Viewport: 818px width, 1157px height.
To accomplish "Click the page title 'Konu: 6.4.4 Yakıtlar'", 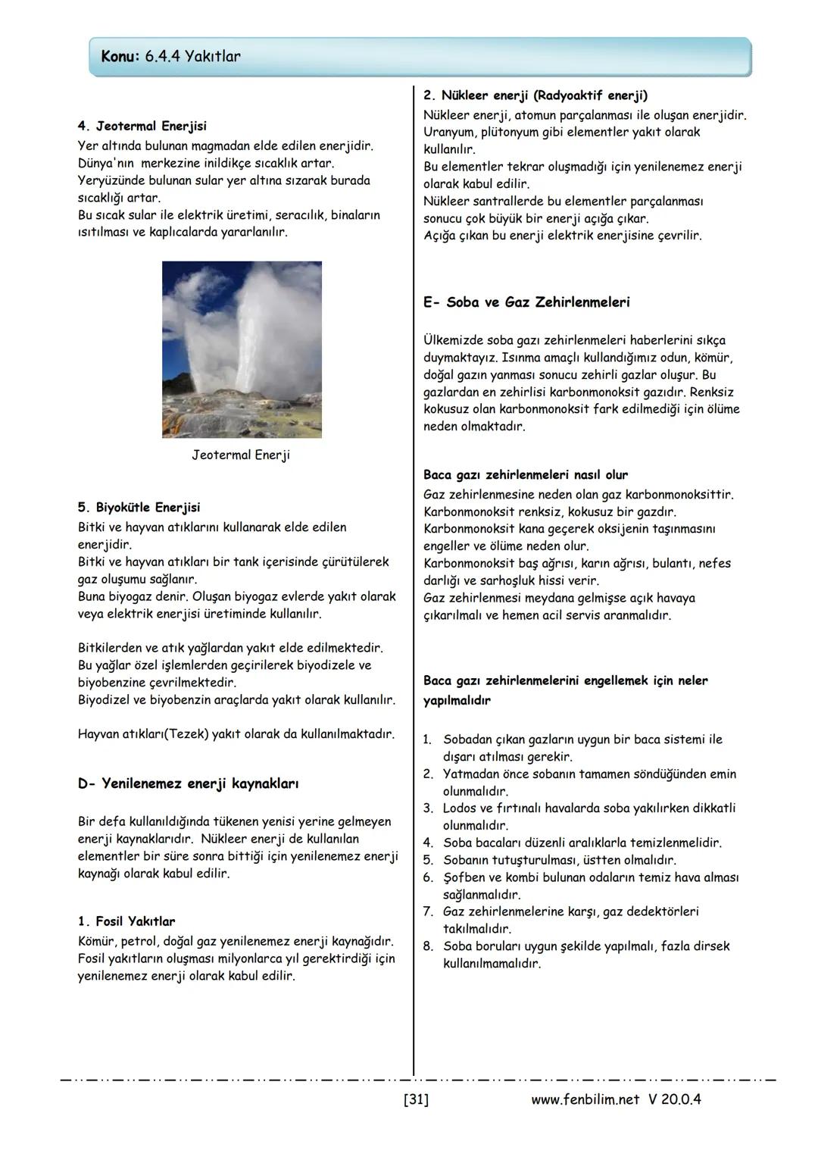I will [x=170, y=57].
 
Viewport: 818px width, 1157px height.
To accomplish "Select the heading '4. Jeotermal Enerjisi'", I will [x=142, y=126].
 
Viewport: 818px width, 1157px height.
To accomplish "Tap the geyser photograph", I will [x=242, y=349].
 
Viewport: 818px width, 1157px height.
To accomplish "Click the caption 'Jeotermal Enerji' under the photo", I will [x=241, y=455].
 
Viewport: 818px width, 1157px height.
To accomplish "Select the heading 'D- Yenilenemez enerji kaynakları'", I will [x=188, y=783].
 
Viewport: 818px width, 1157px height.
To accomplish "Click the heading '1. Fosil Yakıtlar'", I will [x=126, y=922].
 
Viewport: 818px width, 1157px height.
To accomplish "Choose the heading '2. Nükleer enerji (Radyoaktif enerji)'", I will [x=535, y=95].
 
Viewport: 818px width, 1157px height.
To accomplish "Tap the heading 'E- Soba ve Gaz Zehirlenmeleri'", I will [x=526, y=302].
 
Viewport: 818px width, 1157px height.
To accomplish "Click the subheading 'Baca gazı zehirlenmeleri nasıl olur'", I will [x=526, y=475].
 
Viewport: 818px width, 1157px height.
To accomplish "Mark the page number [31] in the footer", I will [x=416, y=1099].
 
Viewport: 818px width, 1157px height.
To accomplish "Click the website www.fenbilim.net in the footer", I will [x=585, y=1099].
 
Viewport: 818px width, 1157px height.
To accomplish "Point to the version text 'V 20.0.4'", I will [x=674, y=1099].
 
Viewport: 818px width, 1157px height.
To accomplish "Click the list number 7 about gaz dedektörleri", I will [x=428, y=912].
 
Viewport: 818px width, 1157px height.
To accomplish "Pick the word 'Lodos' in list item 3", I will [x=461, y=808].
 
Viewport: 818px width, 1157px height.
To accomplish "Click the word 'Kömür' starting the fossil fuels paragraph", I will [x=95, y=942].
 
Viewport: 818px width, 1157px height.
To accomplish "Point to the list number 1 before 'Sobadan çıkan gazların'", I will [x=428, y=740].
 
